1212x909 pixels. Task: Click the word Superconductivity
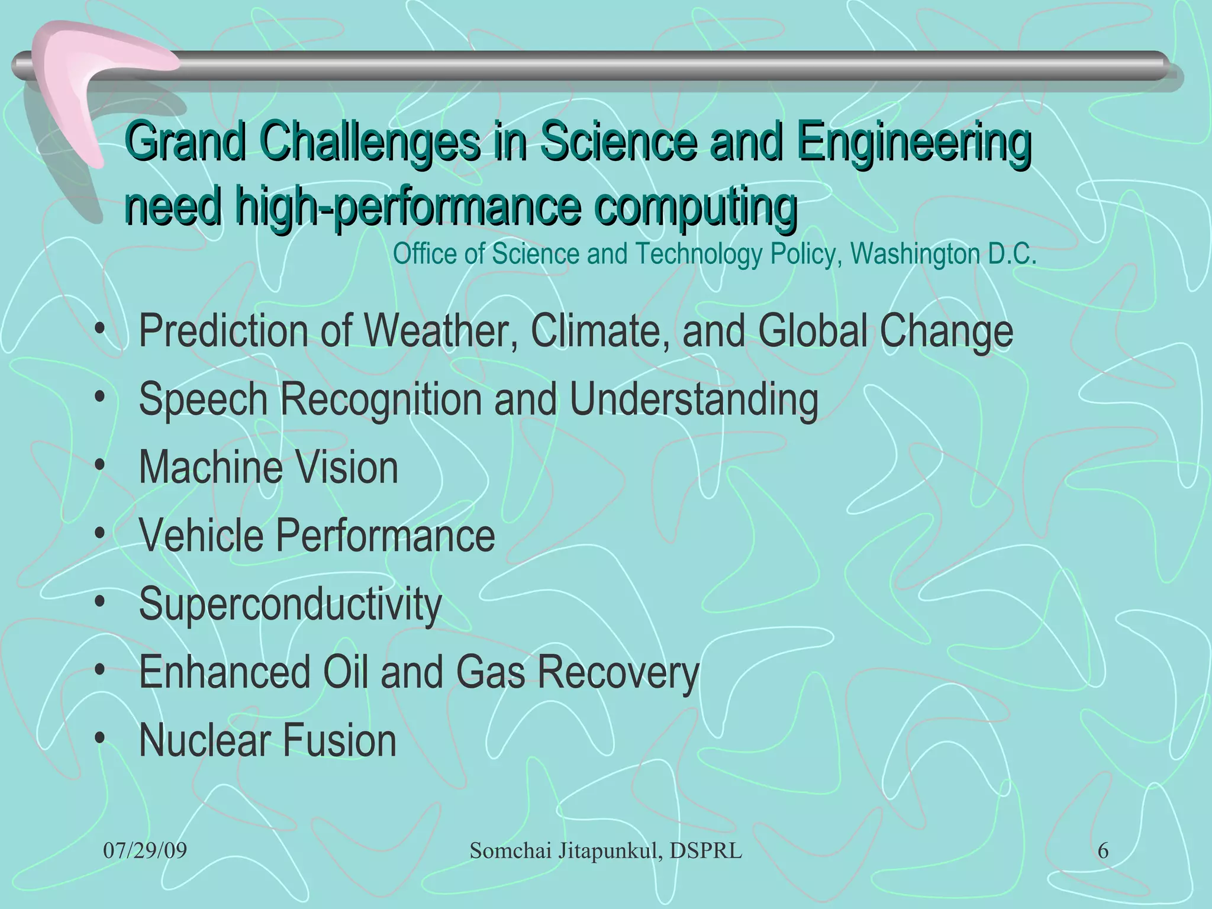(x=290, y=604)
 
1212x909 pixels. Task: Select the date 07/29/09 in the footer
(x=145, y=851)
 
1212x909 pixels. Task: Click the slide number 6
(x=1103, y=851)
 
